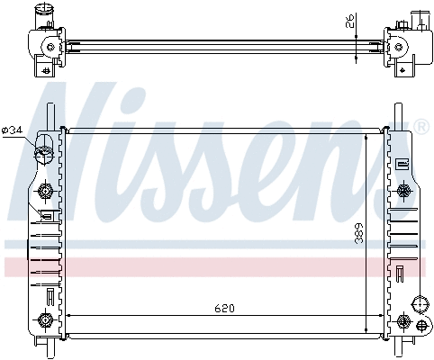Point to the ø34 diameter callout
tap(13, 130)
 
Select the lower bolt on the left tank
tap(46, 319)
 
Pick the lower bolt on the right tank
tap(402, 319)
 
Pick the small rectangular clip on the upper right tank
tap(402, 164)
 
